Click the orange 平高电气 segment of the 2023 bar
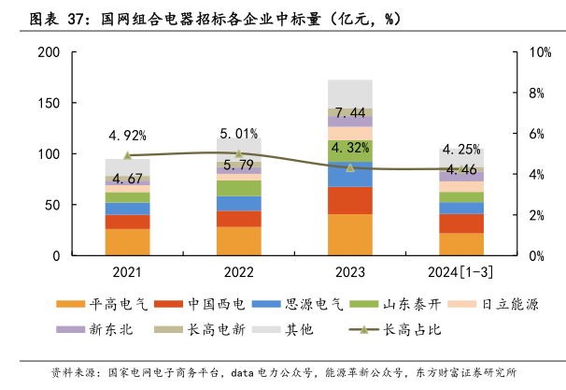pos(350,235)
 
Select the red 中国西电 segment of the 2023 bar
pos(350,200)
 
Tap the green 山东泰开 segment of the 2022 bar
pos(239,188)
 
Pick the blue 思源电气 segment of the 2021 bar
pos(127,209)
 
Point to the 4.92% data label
pos(128,135)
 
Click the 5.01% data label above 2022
pos(239,133)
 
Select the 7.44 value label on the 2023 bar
pos(350,113)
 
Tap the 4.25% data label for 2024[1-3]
pos(461,149)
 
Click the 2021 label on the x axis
pos(127,272)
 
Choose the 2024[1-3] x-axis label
pos(461,272)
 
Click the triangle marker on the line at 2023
pos(350,167)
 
